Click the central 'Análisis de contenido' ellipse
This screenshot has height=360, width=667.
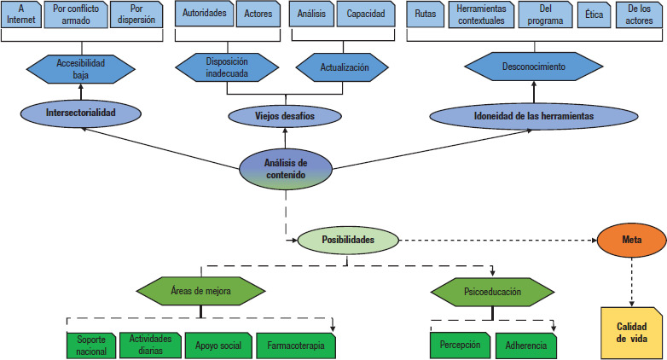286,169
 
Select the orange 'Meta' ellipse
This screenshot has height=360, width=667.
632,240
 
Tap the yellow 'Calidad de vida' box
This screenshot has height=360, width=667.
632,333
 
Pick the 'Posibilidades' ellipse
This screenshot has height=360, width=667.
348,240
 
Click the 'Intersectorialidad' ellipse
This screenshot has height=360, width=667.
80,113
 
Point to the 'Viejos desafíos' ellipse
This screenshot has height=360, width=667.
285,116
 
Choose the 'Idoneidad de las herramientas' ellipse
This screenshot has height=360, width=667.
534,116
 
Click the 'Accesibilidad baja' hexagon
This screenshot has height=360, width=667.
81,69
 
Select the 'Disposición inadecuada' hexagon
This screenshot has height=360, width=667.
227,67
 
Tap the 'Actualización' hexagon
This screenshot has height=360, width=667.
342,67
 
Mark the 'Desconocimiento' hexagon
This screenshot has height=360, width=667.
534,67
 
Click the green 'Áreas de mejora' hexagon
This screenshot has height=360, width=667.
200,291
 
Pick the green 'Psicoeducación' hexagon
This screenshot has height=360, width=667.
492,292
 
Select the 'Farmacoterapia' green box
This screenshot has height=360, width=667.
296,345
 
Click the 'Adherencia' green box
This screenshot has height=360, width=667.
526,345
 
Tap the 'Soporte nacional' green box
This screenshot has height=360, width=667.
91,345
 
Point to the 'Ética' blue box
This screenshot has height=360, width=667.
594,15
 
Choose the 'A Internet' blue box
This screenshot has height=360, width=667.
21,15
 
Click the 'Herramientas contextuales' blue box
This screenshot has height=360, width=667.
482,15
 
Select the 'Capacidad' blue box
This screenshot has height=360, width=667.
366,14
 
